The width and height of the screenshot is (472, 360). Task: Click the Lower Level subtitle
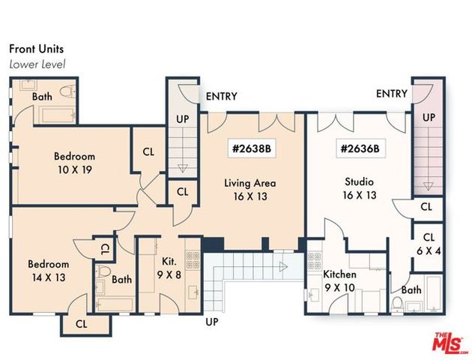(x=37, y=64)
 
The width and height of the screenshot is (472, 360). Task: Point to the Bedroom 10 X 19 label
(x=74, y=163)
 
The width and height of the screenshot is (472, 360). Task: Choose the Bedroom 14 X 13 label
(x=49, y=271)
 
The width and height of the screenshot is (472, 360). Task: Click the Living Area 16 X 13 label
(x=250, y=190)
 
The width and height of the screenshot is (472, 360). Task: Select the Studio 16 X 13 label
(x=359, y=189)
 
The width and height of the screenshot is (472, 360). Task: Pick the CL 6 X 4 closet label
(x=429, y=244)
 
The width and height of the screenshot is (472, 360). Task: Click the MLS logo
(x=448, y=341)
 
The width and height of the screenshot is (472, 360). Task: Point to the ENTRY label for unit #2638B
(x=221, y=96)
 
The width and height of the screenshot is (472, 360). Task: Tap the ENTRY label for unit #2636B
(x=391, y=94)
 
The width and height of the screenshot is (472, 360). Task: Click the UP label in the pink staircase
(x=429, y=118)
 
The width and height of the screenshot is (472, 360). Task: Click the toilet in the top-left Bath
(x=67, y=94)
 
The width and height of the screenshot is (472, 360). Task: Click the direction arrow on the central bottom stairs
(x=283, y=265)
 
